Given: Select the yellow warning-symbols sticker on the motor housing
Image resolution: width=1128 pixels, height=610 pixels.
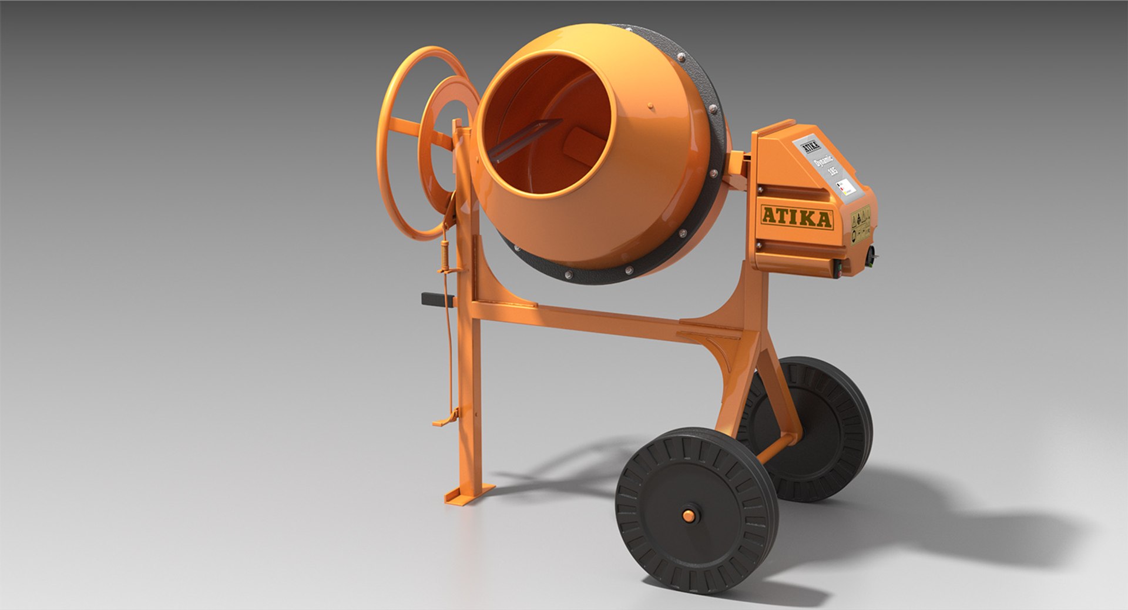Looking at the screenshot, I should tap(861, 223).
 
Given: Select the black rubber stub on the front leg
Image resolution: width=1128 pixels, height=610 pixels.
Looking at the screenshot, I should tap(436, 299).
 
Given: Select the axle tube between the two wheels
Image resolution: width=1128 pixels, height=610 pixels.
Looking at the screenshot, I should tap(775, 447).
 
